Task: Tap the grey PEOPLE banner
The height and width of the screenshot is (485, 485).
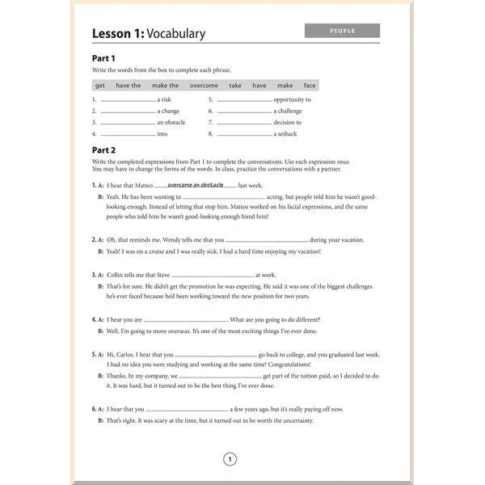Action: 342,31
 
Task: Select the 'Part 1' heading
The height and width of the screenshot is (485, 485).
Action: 103,58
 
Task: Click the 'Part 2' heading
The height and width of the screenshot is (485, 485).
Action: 103,150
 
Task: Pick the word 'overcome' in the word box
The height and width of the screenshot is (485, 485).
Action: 204,85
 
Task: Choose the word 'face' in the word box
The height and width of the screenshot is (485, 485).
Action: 310,85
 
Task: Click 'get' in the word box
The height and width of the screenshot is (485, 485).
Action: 100,85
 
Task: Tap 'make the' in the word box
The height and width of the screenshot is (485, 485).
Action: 166,85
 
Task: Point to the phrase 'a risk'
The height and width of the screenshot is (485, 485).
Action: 164,99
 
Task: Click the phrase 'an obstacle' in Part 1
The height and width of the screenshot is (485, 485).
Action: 171,122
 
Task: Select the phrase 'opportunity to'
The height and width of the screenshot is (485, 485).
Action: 292,99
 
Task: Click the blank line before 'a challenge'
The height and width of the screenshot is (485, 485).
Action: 244,112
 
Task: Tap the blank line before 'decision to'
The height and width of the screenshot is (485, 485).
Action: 244,124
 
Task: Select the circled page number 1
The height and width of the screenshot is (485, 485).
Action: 230,460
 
